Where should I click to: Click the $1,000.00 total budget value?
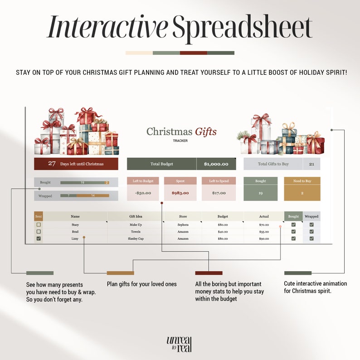click(216, 164)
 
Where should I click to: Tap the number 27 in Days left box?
click(52, 164)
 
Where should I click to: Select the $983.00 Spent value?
click(180, 193)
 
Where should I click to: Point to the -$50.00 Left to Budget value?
click(142, 193)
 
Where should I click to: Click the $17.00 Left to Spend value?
click(219, 193)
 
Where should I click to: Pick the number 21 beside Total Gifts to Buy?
click(311, 164)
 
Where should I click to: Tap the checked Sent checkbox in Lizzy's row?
click(39, 238)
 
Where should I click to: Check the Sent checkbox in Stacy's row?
click(39, 224)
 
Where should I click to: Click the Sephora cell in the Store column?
click(183, 225)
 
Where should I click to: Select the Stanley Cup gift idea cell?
click(136, 238)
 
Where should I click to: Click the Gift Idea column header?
click(136, 217)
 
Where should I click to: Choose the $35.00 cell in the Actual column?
click(264, 232)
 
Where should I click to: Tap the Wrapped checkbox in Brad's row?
click(311, 232)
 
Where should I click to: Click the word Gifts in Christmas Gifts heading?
click(206, 132)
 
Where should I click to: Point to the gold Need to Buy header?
click(302, 181)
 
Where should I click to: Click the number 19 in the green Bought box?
click(261, 193)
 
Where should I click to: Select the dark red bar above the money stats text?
click(209, 273)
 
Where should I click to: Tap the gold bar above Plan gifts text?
click(120, 273)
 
